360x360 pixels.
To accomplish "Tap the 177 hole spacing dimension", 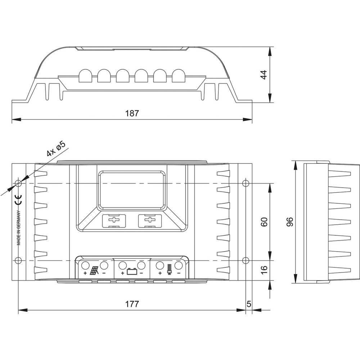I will pos(132,304).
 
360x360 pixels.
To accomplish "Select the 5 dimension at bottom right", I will pos(249,304).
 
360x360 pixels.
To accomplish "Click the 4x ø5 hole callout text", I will pos(56,149).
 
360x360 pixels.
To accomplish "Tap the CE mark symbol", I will pos(18,199).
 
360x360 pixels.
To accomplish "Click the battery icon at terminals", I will pos(132,272).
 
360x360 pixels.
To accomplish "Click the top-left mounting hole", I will pos(19,183).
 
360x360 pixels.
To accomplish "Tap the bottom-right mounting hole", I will pos(246,260).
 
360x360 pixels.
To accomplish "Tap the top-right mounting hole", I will pos(246,183).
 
